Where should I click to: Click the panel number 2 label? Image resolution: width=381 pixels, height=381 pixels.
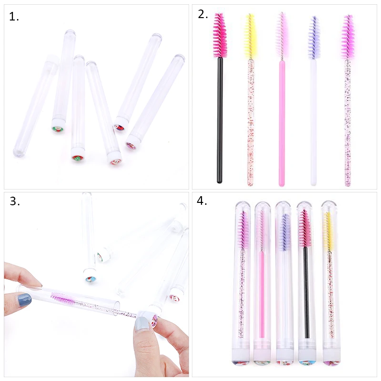pyautogui.click(x=203, y=14)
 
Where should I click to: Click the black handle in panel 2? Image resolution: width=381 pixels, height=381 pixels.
pyautogui.click(x=220, y=119)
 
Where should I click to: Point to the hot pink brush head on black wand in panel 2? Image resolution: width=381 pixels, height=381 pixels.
pyautogui.click(x=220, y=35)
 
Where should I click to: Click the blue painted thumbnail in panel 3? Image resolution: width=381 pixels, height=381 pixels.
pyautogui.click(x=22, y=301)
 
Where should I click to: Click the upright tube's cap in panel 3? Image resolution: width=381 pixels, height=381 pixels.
pyautogui.click(x=89, y=274)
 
